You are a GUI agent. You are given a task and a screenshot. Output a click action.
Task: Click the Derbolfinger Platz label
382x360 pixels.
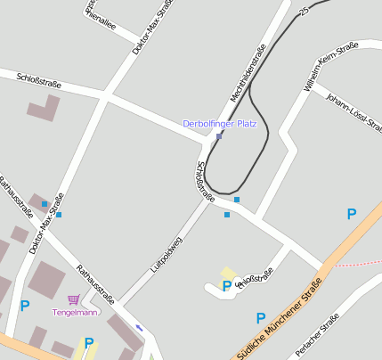219,124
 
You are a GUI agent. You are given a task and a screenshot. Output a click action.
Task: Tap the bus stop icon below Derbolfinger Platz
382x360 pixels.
219,136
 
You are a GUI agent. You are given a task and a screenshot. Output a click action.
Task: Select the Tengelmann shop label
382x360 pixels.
76,312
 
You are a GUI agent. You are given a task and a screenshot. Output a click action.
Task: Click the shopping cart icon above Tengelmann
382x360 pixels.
73,299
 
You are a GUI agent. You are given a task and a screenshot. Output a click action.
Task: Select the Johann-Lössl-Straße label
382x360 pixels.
353,111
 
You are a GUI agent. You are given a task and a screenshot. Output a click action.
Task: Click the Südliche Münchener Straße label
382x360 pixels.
279,317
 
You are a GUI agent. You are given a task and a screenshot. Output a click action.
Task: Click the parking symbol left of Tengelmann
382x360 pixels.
24,306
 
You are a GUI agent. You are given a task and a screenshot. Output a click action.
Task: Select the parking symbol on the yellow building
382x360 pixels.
227,285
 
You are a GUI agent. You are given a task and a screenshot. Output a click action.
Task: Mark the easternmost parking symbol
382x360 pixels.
352,214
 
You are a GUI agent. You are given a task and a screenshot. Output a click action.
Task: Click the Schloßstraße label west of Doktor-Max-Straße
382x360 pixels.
39,83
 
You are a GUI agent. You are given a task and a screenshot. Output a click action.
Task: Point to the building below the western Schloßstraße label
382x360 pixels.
44,109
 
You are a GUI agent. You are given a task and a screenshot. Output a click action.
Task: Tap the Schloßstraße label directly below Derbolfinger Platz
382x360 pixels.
205,185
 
